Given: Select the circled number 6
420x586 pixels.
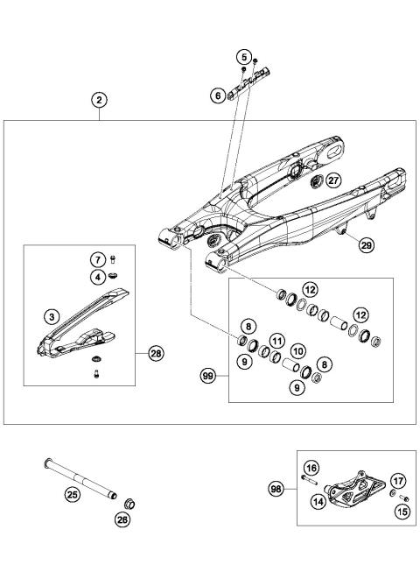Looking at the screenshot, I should [x=217, y=96].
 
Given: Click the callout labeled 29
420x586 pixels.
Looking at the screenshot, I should [x=364, y=246].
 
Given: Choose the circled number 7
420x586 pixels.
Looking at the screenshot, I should [x=99, y=258].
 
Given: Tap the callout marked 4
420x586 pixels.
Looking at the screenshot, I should [x=99, y=277].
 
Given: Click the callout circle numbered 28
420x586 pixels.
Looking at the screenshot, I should [x=156, y=354].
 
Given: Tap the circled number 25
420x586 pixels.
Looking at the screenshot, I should [x=73, y=495].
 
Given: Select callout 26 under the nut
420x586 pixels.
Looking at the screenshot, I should [x=122, y=519].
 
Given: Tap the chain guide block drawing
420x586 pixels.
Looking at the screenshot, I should [x=354, y=492].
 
